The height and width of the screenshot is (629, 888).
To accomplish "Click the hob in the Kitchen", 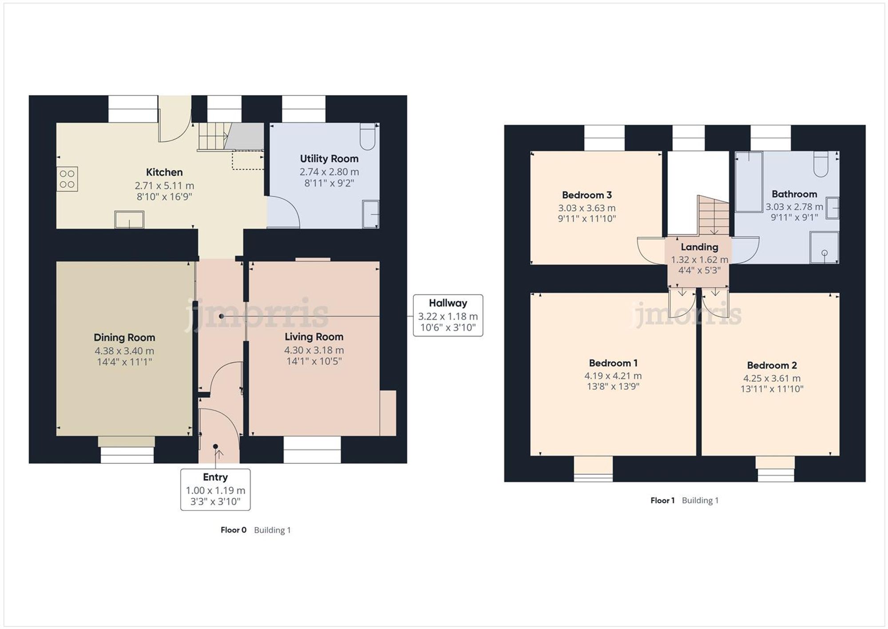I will pyautogui.click(x=67, y=179).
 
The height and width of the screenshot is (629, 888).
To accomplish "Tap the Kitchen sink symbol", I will pyautogui.click(x=129, y=220).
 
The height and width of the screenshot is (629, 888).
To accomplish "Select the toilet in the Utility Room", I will pyautogui.click(x=368, y=136).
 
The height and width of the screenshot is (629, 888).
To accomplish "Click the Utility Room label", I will pyautogui.click(x=329, y=159).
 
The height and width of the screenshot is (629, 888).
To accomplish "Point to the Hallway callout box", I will pyautogui.click(x=448, y=315).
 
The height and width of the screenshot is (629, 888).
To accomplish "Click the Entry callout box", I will pyautogui.click(x=215, y=489).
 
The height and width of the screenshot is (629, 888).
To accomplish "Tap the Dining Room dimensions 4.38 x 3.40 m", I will pyautogui.click(x=124, y=351).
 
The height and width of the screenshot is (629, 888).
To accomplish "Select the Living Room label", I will pyautogui.click(x=314, y=337).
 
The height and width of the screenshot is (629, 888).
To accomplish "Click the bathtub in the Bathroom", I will pyautogui.click(x=749, y=181).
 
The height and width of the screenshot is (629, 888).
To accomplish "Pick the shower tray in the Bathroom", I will pyautogui.click(x=824, y=247).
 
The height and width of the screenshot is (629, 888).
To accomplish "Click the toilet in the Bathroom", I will pyautogui.click(x=821, y=164).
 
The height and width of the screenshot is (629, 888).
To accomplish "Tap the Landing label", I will pyautogui.click(x=699, y=247).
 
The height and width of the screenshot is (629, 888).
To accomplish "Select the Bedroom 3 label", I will pyautogui.click(x=587, y=195).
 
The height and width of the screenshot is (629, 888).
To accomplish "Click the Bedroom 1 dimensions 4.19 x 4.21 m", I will pyautogui.click(x=613, y=376).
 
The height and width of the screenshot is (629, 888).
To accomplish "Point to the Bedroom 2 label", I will pyautogui.click(x=772, y=365).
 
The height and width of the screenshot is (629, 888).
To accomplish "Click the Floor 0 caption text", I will pyautogui.click(x=234, y=530).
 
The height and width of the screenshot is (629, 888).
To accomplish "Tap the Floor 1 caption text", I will pyautogui.click(x=662, y=501).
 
